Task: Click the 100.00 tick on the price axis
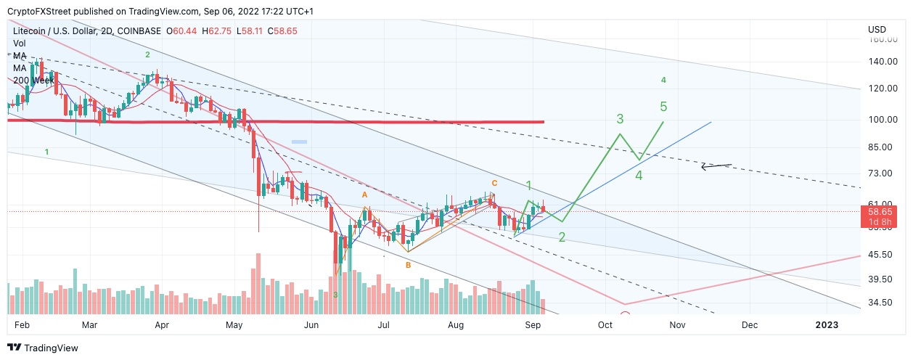tap(879, 120)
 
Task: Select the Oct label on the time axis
tap(605, 325)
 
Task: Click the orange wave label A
tap(365, 195)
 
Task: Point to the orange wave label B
tap(408, 266)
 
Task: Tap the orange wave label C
tap(494, 183)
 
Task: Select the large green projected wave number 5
tap(663, 107)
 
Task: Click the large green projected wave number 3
tap(620, 118)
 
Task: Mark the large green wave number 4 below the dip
tap(639, 175)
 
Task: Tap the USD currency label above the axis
tap(877, 29)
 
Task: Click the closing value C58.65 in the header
tap(282, 30)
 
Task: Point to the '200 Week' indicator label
tap(33, 80)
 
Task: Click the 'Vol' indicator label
tap(20, 44)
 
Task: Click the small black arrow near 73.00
tap(716, 166)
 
